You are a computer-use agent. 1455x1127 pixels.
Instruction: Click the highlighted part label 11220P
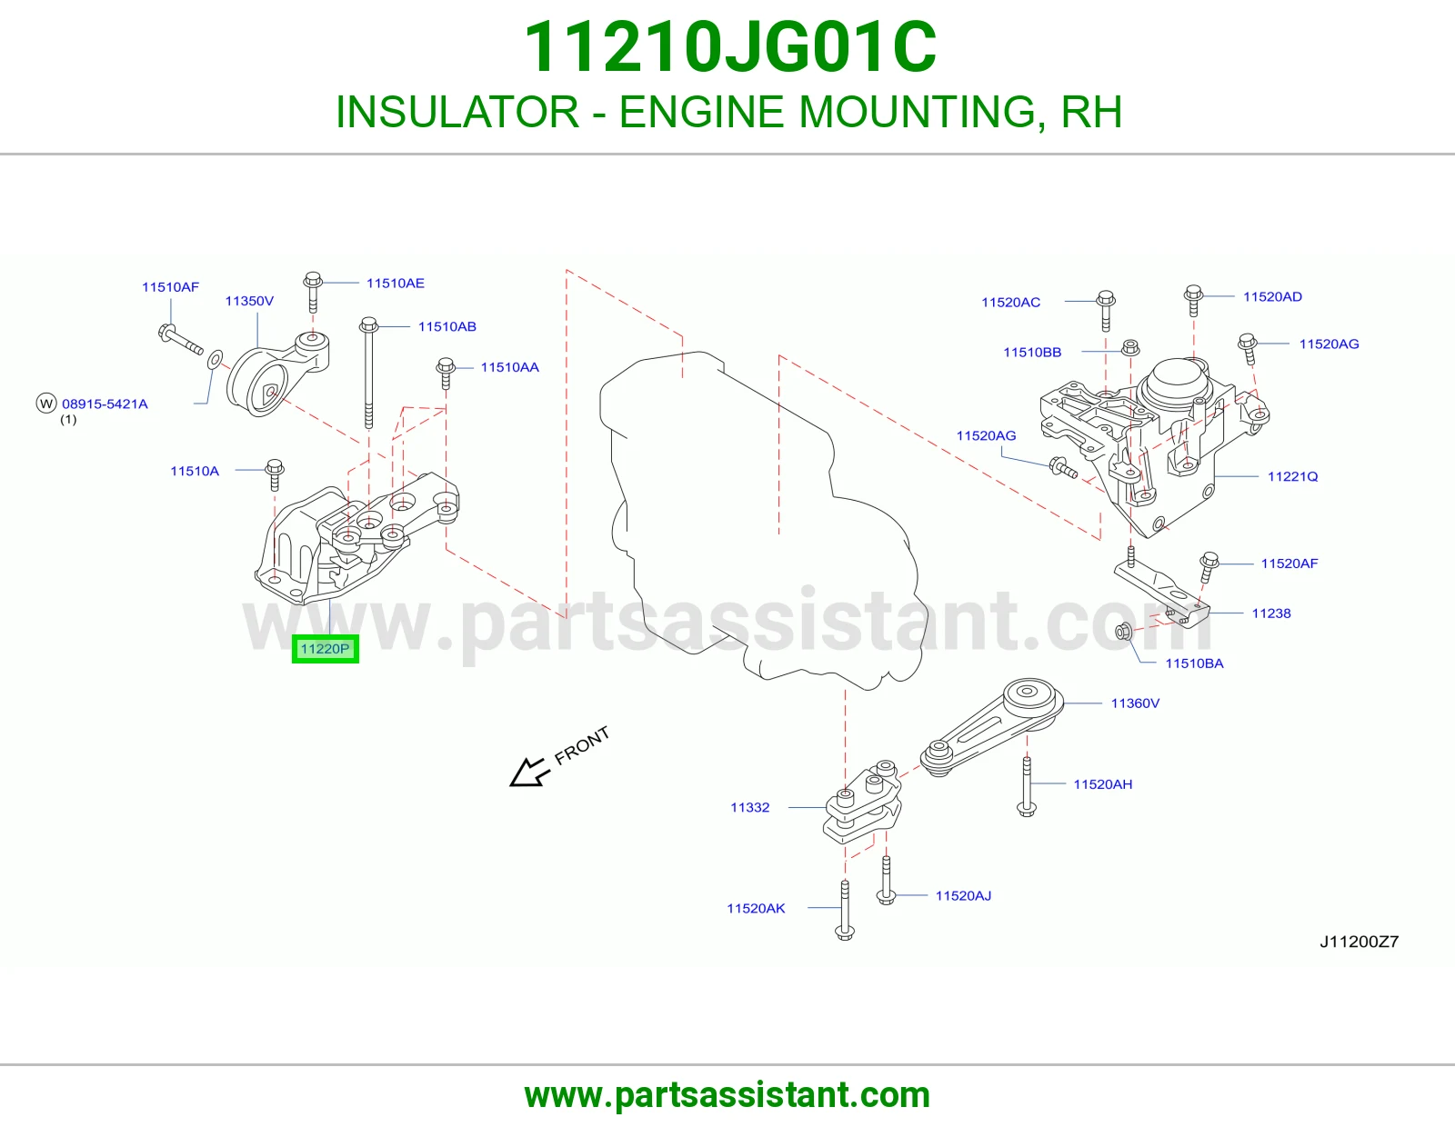pos(325,649)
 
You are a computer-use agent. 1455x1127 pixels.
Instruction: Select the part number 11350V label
pos(249,301)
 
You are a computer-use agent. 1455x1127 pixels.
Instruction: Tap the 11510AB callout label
pos(447,326)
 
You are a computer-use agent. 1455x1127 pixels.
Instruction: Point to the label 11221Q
pos(1292,476)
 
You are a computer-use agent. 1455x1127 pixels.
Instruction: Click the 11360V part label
pos(1135,703)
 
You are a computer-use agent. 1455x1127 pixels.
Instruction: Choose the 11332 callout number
pos(750,808)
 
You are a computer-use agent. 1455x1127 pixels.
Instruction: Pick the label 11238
pos(1271,613)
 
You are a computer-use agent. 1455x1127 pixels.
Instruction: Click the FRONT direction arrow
pos(529,773)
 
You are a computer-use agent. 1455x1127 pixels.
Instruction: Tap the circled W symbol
pos(46,404)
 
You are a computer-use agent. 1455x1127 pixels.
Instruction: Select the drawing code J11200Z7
pos(1360,942)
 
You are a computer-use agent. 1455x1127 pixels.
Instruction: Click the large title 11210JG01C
pos(730,47)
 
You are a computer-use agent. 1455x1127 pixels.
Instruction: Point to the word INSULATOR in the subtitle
pos(457,112)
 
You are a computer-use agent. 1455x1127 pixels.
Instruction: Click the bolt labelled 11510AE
pos(313,292)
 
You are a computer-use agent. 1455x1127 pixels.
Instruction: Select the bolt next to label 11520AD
pos(1193,301)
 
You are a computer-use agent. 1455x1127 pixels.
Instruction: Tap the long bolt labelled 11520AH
pos(1027,786)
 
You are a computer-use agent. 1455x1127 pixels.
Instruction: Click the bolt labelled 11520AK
pos(845,910)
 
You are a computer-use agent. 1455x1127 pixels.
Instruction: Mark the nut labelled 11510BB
pos(1130,347)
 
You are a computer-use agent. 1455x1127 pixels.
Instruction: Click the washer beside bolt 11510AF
pos(215,359)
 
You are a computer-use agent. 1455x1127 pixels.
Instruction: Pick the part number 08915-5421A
pos(105,404)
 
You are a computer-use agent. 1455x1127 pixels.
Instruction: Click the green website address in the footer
pos(727,1095)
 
